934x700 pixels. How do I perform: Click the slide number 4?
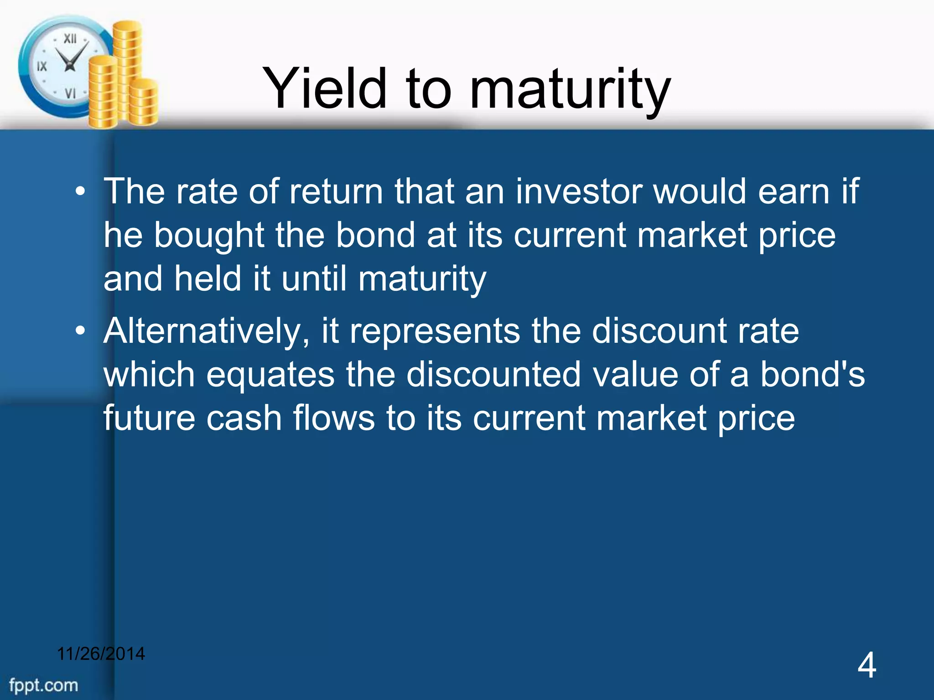[867, 665]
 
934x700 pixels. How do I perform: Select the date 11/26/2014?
[101, 654]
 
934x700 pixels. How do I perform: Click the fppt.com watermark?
[44, 685]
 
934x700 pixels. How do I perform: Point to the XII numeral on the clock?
[70, 39]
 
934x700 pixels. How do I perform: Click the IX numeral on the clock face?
[42, 67]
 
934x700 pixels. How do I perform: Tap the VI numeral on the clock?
[70, 93]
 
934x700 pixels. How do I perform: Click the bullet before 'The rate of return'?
[80, 192]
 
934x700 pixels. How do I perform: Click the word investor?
[579, 191]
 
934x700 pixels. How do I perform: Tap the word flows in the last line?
[333, 418]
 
